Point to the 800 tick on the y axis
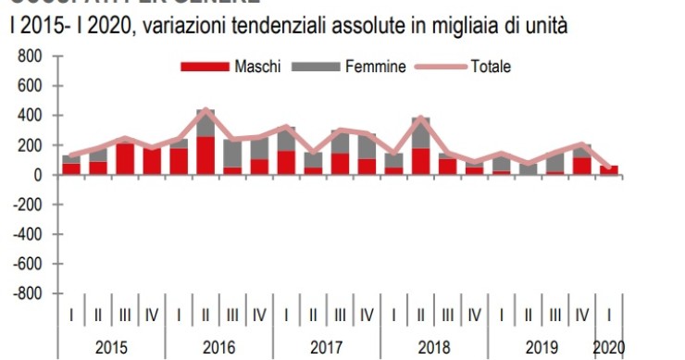(x=31, y=56)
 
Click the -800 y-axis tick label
(x=27, y=293)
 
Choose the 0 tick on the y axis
(x=38, y=175)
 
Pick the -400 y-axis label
(x=27, y=234)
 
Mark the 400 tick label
(x=31, y=116)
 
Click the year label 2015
(x=111, y=348)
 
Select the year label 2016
(x=218, y=348)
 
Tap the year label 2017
(x=326, y=348)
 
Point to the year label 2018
(x=433, y=348)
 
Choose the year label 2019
(x=541, y=348)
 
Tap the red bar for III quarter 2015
(x=125, y=159)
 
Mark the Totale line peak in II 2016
(x=205, y=109)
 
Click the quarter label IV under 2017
(x=367, y=316)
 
